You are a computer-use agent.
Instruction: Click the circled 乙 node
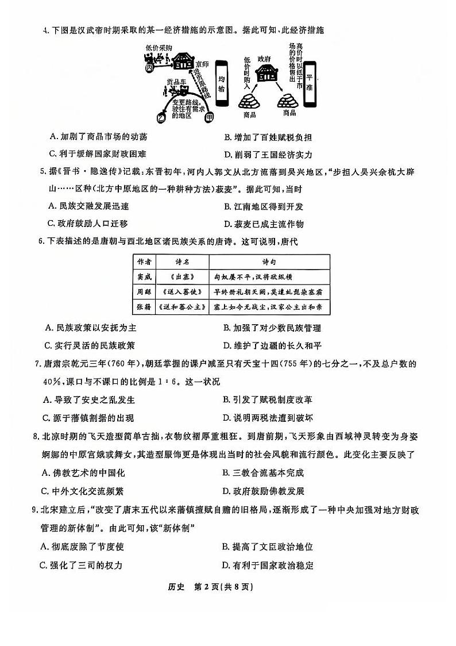pyautogui.click(x=161, y=117)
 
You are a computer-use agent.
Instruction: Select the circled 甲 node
pyautogui.click(x=209, y=117)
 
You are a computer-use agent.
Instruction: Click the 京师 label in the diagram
pyautogui.click(x=202, y=65)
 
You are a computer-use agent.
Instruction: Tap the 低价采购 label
pyautogui.click(x=159, y=47)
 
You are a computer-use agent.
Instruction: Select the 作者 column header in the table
pyautogui.click(x=144, y=262)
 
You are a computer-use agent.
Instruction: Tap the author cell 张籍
pyautogui.click(x=144, y=306)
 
